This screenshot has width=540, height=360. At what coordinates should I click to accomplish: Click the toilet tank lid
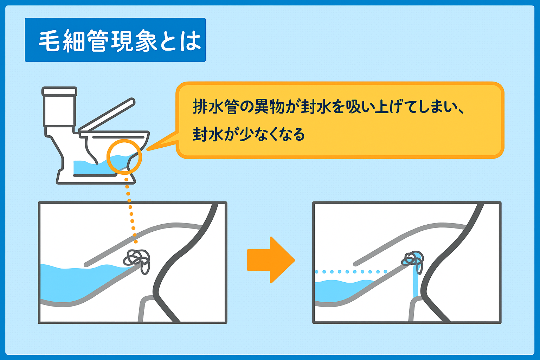[59, 91]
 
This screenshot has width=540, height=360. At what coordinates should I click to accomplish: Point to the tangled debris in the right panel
[413, 260]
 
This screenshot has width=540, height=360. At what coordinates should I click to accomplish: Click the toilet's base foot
[95, 179]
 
